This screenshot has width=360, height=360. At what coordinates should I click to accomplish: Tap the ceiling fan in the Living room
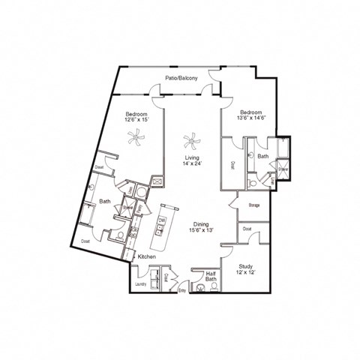pos(191,139)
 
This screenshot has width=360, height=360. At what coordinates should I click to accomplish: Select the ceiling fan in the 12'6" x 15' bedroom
pos(136,136)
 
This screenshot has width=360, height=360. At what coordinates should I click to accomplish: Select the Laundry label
pos(140,284)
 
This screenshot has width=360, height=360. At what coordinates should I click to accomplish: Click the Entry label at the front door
pos(181,301)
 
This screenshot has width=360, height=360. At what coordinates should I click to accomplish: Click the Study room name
pos(245,266)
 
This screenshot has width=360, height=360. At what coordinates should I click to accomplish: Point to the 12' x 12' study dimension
pos(245,273)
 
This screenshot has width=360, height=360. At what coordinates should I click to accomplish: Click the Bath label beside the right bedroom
pos(262,156)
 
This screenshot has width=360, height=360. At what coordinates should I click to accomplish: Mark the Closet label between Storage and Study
pos(246,229)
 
